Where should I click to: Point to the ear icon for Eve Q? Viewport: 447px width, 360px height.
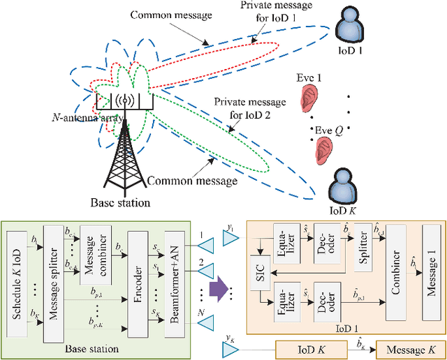coord(323,148)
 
